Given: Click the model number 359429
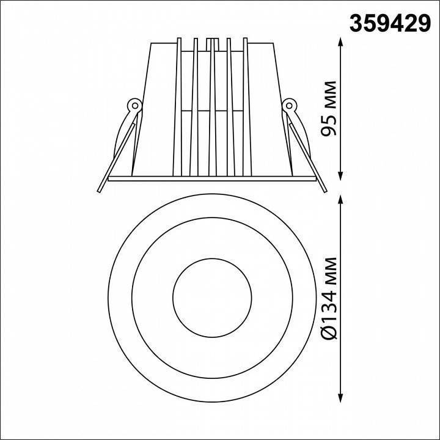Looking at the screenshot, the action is (390, 24).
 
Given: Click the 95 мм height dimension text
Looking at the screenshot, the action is (329, 109).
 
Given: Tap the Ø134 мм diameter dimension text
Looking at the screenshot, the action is (329, 298).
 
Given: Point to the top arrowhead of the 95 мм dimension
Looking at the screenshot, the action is (340, 42).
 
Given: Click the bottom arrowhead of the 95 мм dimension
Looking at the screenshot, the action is (340, 176).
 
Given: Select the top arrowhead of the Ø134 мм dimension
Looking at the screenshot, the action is (340, 199).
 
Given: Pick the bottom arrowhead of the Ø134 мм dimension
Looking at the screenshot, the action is (340, 398).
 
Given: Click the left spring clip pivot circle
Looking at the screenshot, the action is (135, 106).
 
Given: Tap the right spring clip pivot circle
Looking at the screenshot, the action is (289, 106).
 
